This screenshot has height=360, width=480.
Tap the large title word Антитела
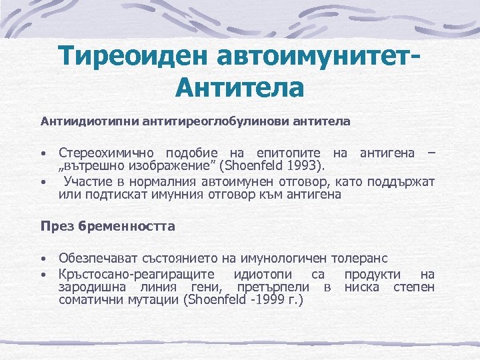(x=240, y=87)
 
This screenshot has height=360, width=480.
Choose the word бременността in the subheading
(x=126, y=226)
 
